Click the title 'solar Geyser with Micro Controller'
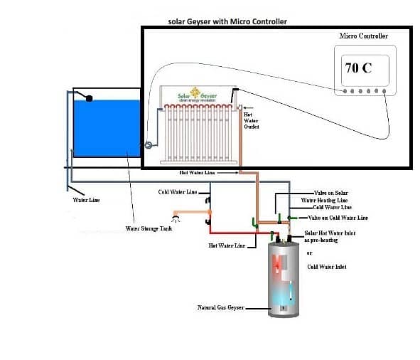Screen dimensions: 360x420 click(x=227, y=21)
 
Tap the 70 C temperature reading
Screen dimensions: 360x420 click(x=358, y=69)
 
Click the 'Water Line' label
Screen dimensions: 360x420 click(x=86, y=200)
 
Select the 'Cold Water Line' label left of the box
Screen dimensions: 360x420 click(x=177, y=192)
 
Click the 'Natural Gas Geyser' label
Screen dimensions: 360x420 click(x=220, y=307)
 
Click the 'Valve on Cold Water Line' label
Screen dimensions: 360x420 click(x=338, y=217)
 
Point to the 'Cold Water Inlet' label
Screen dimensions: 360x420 click(x=327, y=266)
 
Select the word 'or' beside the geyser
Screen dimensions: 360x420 click(x=309, y=253)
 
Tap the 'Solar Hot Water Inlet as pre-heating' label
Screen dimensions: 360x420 click(x=330, y=236)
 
